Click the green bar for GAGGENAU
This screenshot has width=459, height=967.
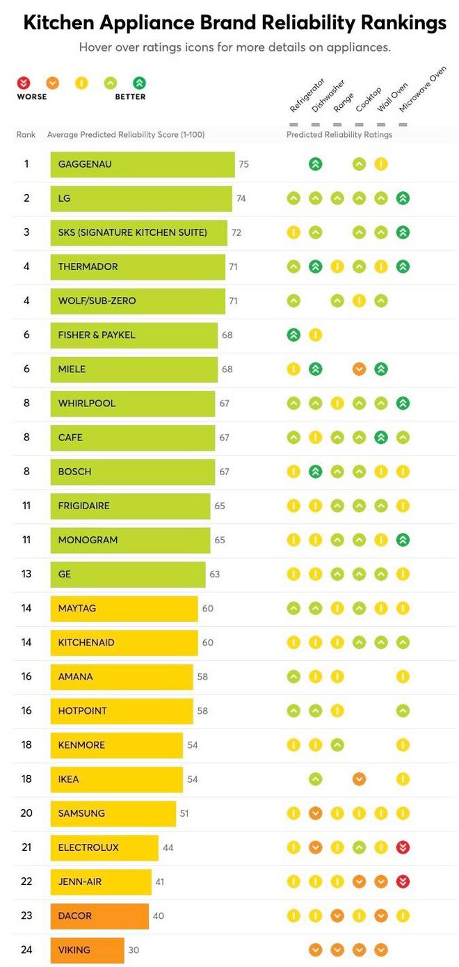coord(142,165)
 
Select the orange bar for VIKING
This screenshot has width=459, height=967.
coord(87,950)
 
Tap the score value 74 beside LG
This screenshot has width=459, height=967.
coord(241,198)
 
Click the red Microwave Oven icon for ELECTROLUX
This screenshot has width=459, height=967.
coord(403,847)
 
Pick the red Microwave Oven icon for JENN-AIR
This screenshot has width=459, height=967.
coord(403,881)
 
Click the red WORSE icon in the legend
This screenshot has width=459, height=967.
coord(24,83)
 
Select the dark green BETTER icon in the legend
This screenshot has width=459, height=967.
coord(139,83)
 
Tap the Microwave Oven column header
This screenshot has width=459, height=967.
coord(422,90)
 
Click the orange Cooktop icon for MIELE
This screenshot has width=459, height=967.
coord(359,369)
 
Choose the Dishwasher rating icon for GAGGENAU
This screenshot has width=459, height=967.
coord(315,164)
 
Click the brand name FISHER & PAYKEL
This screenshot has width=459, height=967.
coord(97,335)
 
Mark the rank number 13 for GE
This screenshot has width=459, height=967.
coord(26,574)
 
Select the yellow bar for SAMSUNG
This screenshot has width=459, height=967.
coord(113,813)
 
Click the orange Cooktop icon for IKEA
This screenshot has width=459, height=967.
coord(359,779)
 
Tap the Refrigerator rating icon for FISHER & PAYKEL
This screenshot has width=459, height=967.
coord(293,335)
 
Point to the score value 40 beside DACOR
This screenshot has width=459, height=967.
coord(159,916)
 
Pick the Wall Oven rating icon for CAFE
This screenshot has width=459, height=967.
coord(380,437)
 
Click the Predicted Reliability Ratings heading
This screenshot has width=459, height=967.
coord(339,134)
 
